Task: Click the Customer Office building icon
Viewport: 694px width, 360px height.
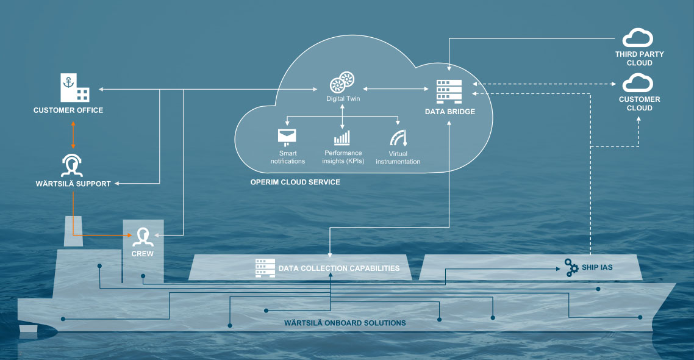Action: click(74, 88)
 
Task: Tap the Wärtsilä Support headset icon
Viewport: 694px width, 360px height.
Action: click(73, 164)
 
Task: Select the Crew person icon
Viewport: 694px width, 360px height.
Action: click(143, 237)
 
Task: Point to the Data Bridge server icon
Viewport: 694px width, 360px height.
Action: click(449, 92)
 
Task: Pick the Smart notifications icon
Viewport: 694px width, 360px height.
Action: click(286, 137)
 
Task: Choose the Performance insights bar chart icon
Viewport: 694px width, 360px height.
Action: click(342, 137)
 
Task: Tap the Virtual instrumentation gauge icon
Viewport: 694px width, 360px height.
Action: click(398, 137)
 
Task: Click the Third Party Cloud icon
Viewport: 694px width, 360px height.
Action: click(639, 38)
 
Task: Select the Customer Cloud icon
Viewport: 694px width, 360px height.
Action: click(639, 83)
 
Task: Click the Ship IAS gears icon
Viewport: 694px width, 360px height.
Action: click(571, 268)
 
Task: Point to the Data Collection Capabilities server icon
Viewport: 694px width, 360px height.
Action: click(265, 268)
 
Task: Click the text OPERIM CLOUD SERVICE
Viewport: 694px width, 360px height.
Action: click(295, 182)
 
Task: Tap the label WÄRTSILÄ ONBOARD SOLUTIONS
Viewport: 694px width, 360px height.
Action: click(345, 323)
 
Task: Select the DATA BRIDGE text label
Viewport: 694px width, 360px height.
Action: click(450, 112)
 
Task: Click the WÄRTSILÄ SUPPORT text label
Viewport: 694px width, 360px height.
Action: click(73, 184)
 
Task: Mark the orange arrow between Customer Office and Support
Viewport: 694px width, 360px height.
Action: click(73, 135)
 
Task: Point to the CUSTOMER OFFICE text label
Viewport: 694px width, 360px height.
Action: click(68, 110)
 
